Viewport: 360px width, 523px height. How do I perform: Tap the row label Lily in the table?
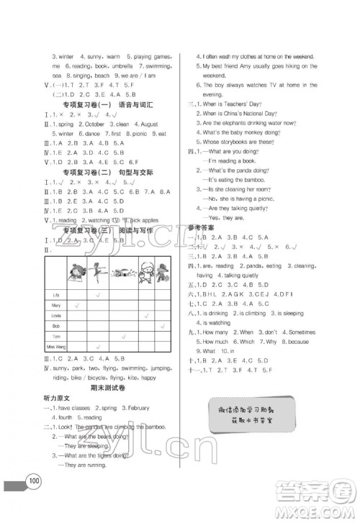pyautogui.click(x=57, y=295)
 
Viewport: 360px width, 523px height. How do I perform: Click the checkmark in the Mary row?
pyautogui.click(x=76, y=306)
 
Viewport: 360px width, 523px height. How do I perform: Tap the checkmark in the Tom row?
pyautogui.click(x=123, y=337)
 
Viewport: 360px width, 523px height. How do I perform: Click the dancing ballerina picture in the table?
pyautogui.click(x=99, y=272)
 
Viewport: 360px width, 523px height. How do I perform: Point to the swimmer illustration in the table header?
pyautogui.click(x=122, y=274)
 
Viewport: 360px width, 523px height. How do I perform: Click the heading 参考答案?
pyautogui.click(x=202, y=227)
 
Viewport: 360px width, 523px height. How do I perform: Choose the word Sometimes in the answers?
pyautogui.click(x=300, y=332)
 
